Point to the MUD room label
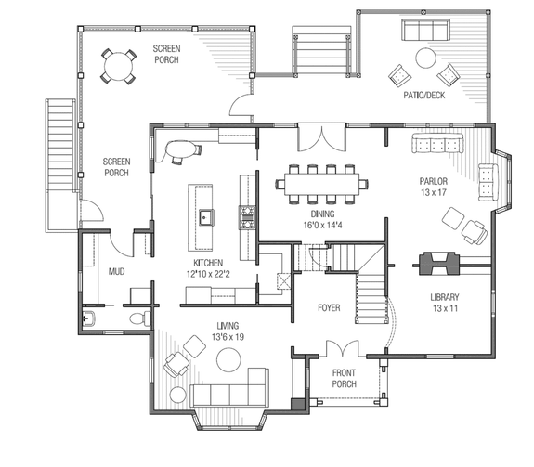coord(116,272)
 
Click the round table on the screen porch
coord(117,65)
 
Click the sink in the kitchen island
coord(205,218)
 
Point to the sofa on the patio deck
coord(423,32)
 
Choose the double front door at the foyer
coord(340,351)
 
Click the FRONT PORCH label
coord(345,378)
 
